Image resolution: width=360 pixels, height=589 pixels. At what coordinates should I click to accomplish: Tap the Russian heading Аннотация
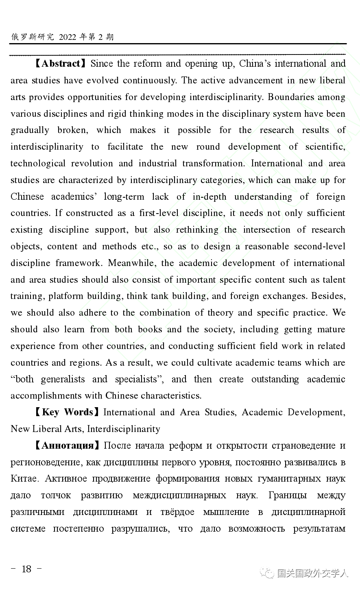pos(68,445)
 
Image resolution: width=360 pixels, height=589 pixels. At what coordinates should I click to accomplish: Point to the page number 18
pos(26,569)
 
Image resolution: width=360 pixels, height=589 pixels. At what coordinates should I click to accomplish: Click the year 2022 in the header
pos(68,37)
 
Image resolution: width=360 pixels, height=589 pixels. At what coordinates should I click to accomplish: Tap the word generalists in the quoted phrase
pos(63,379)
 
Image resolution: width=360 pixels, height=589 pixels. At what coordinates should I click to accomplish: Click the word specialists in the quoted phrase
pos(136,379)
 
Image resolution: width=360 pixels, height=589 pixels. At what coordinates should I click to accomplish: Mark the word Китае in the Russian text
pos(24,479)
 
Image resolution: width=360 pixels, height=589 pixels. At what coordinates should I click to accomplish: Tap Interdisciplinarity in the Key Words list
pos(124,429)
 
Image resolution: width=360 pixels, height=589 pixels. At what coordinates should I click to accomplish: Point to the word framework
pos(79,263)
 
